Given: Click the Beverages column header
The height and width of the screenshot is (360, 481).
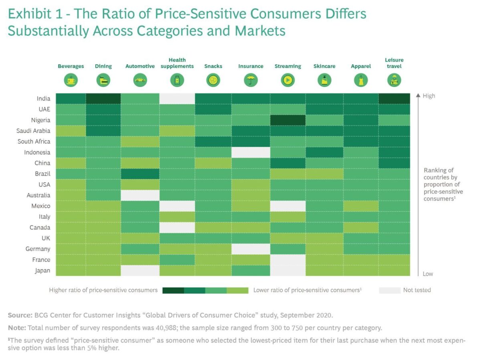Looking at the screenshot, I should click(71, 66).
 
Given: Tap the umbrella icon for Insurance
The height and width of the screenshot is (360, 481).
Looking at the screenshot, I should click(251, 81).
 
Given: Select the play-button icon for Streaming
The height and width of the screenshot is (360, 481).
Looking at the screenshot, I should click(287, 81).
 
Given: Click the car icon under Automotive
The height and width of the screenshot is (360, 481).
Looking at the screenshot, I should click(140, 81).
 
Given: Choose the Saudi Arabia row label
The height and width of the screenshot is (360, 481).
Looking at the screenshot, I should click(34, 131).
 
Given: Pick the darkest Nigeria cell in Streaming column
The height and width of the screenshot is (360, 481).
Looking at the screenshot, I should click(287, 120).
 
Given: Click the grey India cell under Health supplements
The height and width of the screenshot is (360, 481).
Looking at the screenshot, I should click(177, 98).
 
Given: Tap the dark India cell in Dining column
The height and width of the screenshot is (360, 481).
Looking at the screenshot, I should click(103, 98).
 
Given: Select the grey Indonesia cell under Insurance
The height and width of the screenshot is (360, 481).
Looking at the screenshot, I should click(251, 152).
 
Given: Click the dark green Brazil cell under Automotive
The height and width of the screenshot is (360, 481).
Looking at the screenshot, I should click(140, 174).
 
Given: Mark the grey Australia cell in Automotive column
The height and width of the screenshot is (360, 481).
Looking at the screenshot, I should click(140, 195).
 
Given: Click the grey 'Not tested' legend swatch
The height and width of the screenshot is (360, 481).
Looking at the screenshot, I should click(389, 290).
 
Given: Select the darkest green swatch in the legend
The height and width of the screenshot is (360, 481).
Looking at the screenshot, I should click(173, 290).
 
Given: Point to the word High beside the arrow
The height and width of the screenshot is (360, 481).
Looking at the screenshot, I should click(428, 96).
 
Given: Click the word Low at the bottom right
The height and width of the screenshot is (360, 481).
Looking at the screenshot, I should click(428, 274).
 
